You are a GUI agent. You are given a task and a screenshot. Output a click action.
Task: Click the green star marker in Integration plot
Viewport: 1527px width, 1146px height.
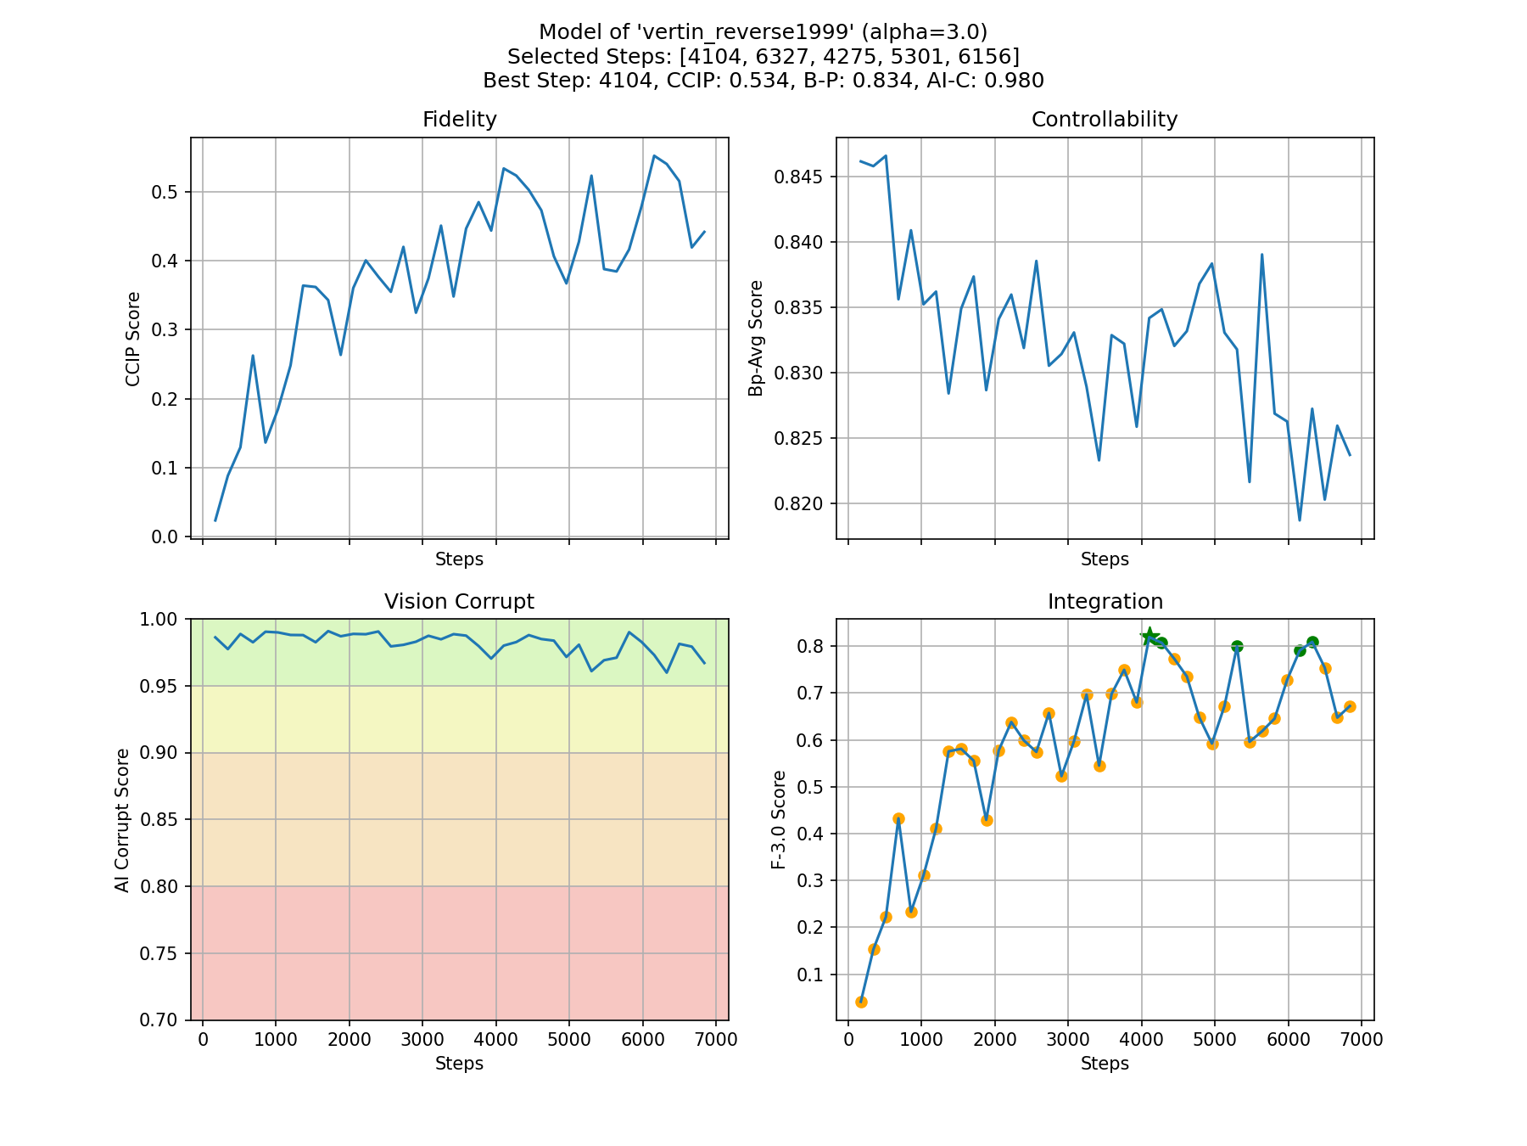(x=1149, y=637)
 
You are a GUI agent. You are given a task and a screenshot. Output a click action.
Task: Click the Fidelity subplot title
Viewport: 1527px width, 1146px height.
(x=459, y=120)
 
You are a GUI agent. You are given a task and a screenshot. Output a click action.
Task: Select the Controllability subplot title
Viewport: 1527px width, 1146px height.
(x=1104, y=120)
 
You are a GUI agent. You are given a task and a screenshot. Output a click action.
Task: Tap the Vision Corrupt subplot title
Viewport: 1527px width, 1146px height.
(x=459, y=602)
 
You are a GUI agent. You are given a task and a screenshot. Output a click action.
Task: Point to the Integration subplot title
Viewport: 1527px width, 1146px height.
(x=1105, y=602)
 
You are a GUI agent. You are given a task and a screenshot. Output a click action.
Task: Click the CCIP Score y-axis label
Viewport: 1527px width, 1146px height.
(x=133, y=339)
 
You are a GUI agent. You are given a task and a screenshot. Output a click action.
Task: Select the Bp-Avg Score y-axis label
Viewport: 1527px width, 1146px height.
(x=756, y=339)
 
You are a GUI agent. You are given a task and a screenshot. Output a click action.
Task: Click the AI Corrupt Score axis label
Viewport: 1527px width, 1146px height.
(x=123, y=820)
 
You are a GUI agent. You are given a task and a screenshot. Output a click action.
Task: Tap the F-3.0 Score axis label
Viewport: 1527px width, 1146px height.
(x=779, y=820)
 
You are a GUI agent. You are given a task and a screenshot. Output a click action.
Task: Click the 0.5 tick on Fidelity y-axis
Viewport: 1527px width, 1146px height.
(x=165, y=192)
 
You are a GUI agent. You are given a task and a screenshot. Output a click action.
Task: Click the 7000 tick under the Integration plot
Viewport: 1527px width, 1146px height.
(x=1362, y=1040)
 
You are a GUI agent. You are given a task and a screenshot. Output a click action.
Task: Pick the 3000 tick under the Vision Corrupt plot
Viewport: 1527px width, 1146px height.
(x=422, y=1040)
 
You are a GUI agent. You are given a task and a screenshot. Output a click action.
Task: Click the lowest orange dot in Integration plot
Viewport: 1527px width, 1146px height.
(x=861, y=1002)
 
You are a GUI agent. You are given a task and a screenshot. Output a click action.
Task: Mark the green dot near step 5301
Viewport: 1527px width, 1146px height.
(x=1237, y=646)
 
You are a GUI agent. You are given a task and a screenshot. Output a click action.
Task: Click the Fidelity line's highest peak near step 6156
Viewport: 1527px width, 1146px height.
(x=654, y=155)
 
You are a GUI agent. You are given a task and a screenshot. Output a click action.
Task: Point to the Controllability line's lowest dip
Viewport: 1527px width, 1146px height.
(x=1300, y=520)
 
